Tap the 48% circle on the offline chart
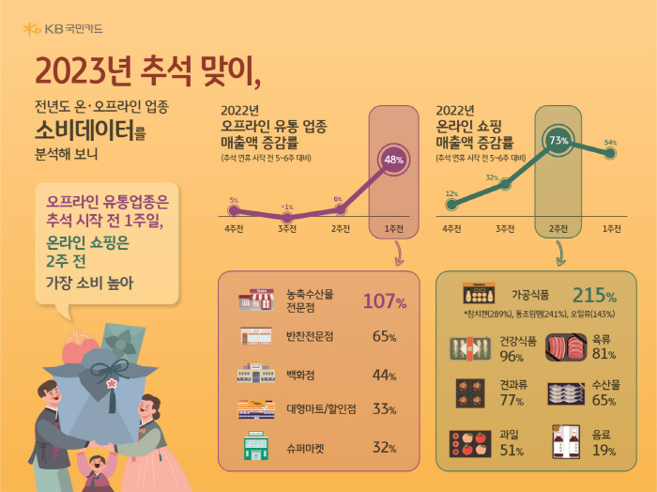tap(394, 159)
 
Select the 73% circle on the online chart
tap(559, 140)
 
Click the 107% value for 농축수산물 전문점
tap(384, 302)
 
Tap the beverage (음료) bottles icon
tap(566, 439)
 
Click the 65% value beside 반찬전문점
tap(384, 336)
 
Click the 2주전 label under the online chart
tap(559, 228)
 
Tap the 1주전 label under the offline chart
tap(394, 228)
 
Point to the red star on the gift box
tap(114, 382)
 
